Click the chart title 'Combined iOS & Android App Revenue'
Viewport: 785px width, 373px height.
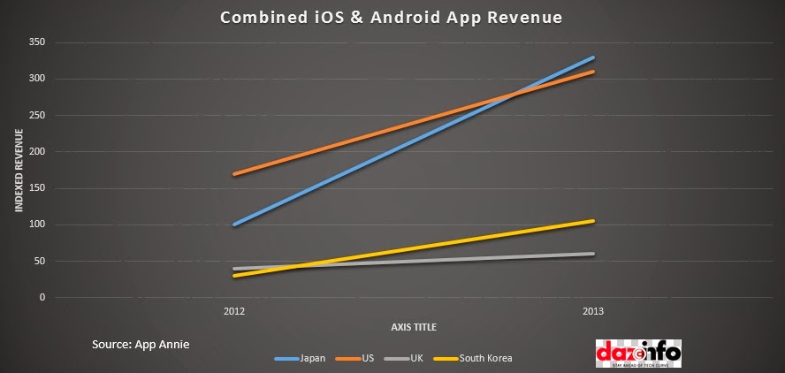point(392,17)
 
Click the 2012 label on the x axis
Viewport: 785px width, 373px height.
point(234,312)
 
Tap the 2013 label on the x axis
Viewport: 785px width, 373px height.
point(593,312)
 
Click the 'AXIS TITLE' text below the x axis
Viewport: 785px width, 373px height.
point(414,327)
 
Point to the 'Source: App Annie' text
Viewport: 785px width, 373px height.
point(140,342)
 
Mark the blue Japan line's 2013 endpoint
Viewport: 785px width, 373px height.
point(593,57)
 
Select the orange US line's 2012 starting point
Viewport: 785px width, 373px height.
point(234,174)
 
